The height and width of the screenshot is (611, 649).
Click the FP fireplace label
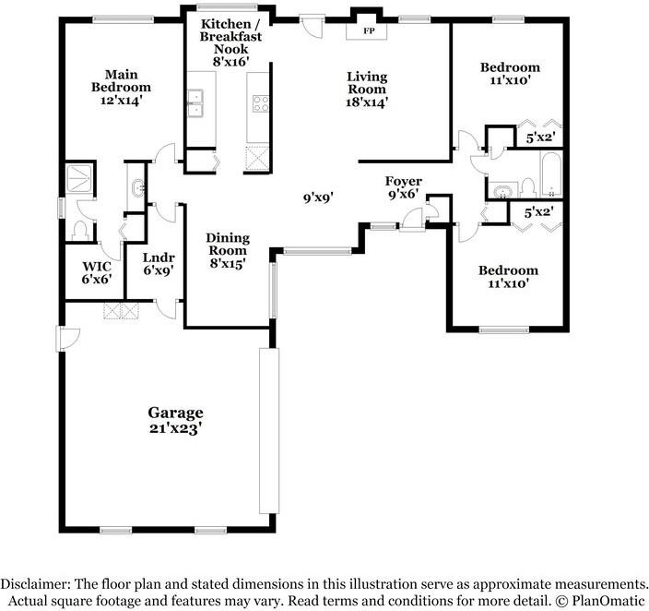pyautogui.click(x=369, y=30)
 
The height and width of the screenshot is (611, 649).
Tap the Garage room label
pyautogui.click(x=175, y=413)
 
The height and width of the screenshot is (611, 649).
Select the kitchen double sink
pyautogui.click(x=195, y=102)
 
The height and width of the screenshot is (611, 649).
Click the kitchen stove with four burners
pyautogui.click(x=261, y=103)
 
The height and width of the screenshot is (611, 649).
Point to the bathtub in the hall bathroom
pyautogui.click(x=551, y=174)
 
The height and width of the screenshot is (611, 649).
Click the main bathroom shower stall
pyautogui.click(x=79, y=178)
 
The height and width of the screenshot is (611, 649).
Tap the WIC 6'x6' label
pyautogui.click(x=97, y=273)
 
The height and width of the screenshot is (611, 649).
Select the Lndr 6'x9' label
pyautogui.click(x=159, y=264)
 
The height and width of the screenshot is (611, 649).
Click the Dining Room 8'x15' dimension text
pyautogui.click(x=228, y=264)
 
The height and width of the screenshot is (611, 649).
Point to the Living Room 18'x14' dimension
pyautogui.click(x=367, y=102)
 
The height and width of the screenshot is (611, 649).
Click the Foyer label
pyautogui.click(x=404, y=181)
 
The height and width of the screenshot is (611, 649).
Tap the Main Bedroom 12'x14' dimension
pyautogui.click(x=122, y=100)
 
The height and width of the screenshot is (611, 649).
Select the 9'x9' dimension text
pyautogui.click(x=318, y=198)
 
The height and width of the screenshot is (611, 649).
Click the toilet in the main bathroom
pyautogui.click(x=79, y=231)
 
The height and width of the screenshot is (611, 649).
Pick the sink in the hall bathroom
pyautogui.click(x=503, y=191)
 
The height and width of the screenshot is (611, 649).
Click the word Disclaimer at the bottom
pyautogui.click(x=35, y=584)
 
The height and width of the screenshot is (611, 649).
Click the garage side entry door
pyautogui.click(x=67, y=339)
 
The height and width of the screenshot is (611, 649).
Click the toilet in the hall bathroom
pyautogui.click(x=527, y=188)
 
